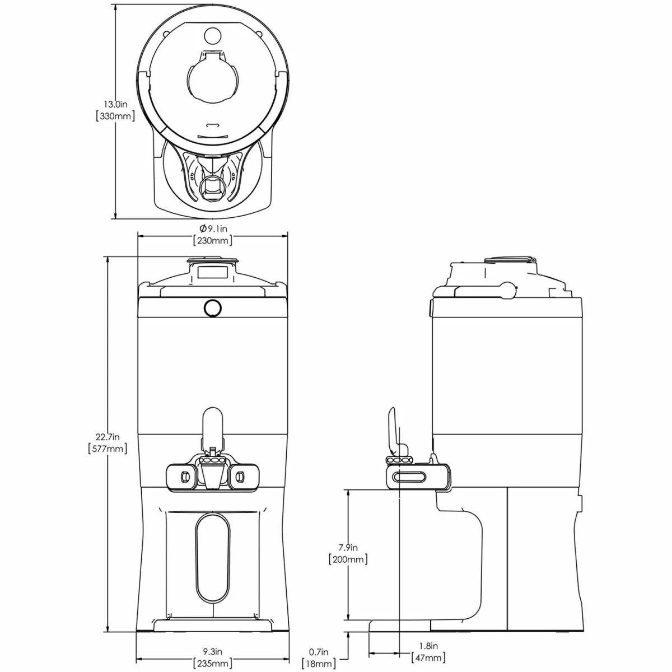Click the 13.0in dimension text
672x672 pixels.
116,104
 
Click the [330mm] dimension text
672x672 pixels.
116,116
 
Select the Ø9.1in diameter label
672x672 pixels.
213,228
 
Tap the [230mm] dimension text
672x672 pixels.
213,241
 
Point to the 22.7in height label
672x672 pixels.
108,436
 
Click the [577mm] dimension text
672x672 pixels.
108,449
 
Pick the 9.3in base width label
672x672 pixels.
212,651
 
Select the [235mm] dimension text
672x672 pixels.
212,664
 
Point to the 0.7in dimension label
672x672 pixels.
318,651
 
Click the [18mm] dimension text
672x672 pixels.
318,664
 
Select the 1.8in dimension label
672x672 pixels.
428,646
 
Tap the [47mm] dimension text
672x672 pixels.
428,658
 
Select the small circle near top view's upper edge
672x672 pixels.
213,35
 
